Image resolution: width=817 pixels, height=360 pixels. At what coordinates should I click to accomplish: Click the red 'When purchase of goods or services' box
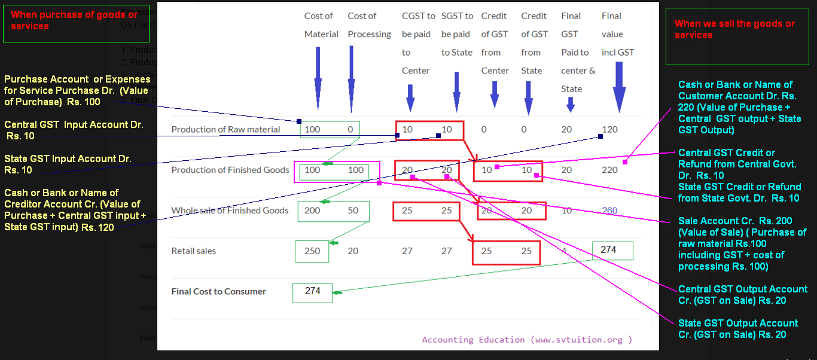click(51, 22)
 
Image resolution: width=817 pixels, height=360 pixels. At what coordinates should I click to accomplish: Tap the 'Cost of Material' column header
click(321, 25)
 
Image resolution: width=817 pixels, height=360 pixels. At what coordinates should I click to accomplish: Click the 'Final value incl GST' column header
click(618, 34)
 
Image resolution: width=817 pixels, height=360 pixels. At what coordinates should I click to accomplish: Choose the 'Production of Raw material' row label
click(225, 129)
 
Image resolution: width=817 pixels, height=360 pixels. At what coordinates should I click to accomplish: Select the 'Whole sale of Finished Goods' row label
click(230, 210)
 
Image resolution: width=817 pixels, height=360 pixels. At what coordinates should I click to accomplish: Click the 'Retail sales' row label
click(193, 251)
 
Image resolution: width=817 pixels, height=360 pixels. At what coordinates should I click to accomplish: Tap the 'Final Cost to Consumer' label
click(218, 292)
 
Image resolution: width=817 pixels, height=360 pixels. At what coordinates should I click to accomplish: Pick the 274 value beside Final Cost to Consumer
click(312, 291)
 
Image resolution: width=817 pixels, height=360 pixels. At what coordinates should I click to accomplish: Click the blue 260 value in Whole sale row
click(609, 210)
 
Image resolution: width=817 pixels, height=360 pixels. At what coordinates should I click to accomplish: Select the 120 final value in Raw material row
click(609, 129)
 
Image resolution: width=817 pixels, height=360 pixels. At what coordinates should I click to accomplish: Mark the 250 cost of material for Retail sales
click(312, 251)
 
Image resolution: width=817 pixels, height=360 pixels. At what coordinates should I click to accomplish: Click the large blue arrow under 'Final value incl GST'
click(619, 90)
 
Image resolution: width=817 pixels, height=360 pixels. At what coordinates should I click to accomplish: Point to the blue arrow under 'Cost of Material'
click(318, 75)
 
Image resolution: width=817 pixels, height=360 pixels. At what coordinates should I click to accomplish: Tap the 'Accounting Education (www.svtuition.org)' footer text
click(526, 340)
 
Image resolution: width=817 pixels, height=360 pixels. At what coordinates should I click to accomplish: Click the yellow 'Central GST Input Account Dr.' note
click(74, 130)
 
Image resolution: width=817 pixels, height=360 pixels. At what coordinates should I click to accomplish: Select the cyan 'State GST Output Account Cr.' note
click(738, 329)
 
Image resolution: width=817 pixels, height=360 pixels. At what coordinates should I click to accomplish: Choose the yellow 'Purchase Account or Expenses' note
click(77, 90)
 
